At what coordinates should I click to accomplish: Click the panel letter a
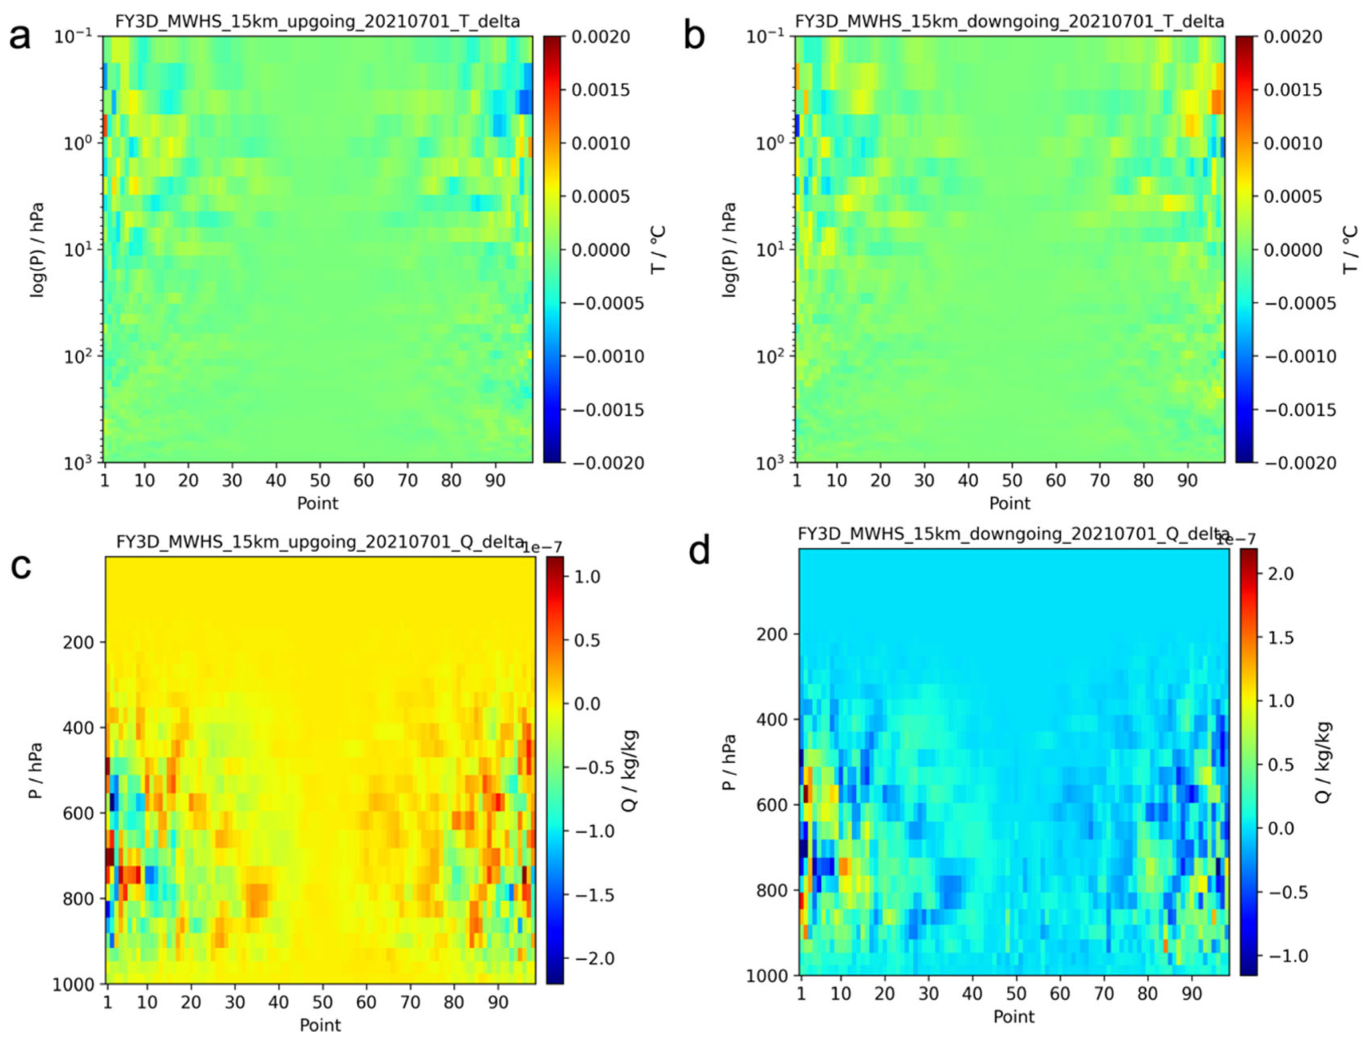pos(20,37)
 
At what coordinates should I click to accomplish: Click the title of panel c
pos(320,542)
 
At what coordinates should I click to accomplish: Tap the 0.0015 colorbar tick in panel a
pos(600,90)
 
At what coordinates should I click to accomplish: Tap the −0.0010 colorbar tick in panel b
pos(1300,357)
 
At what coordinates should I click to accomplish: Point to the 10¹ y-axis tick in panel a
pos(78,249)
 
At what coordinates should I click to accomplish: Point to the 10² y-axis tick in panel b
pos(770,356)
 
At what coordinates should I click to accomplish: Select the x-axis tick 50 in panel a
pos(320,480)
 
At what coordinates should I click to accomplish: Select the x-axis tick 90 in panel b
pos(1187,480)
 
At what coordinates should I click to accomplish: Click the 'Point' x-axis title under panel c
pos(320,1024)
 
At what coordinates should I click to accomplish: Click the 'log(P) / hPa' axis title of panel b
pos(729,249)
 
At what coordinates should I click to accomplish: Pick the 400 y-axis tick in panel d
pos(771,720)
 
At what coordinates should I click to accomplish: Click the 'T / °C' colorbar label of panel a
pos(658,249)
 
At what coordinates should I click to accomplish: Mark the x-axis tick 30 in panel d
pos(928,994)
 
